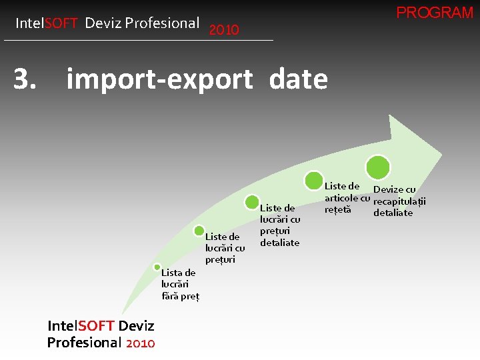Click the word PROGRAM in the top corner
click(x=435, y=13)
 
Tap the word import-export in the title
click(x=159, y=80)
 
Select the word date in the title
click(x=298, y=79)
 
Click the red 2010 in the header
click(x=224, y=30)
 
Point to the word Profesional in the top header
click(x=161, y=23)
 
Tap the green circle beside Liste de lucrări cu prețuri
click(x=199, y=231)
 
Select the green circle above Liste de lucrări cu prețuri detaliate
click(x=252, y=202)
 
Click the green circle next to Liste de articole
click(x=313, y=180)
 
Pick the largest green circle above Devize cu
click(x=378, y=167)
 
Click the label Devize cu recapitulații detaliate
click(x=399, y=201)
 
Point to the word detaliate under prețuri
click(x=279, y=243)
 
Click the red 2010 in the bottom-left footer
click(x=140, y=343)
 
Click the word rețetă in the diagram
click(x=337, y=210)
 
